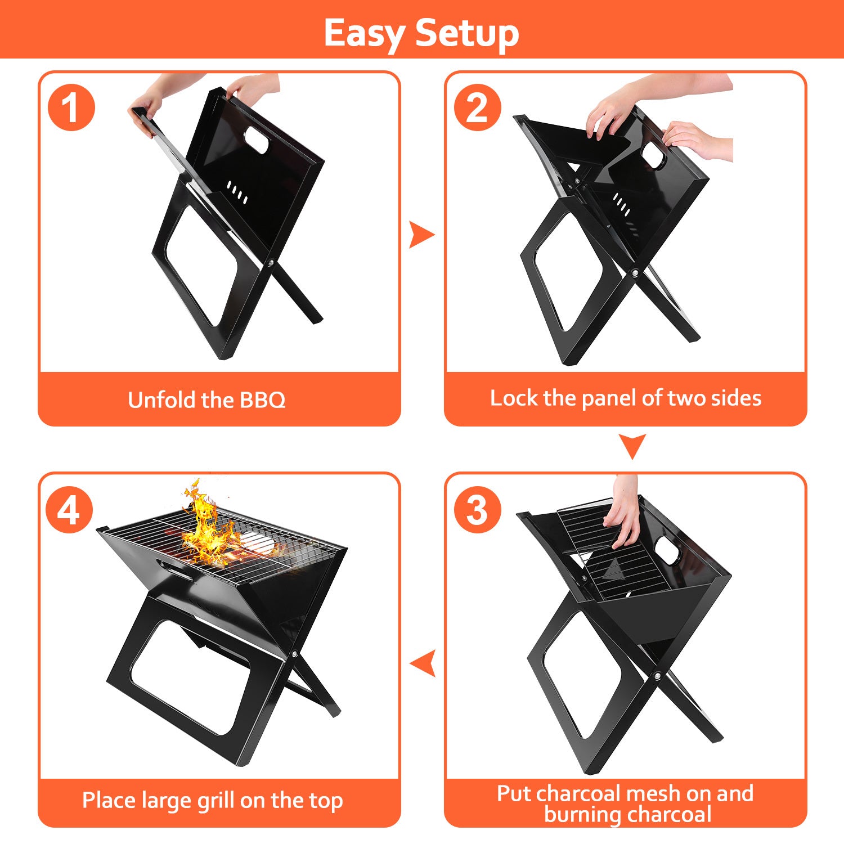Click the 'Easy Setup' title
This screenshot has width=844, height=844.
pos(421,33)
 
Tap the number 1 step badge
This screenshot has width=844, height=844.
pos(71,107)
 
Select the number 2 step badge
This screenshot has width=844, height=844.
pos(477,107)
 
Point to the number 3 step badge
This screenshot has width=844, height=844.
pos(477,510)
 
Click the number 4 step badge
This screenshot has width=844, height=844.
pos(69,510)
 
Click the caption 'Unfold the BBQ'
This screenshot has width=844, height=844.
pos(206,400)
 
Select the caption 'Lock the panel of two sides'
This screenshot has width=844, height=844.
pos(625,398)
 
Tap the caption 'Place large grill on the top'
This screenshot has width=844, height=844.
pos(212,800)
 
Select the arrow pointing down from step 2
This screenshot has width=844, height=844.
pos(632,445)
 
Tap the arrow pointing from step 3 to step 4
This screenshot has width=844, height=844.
pos(424,663)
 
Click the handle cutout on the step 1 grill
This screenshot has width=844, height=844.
pos(257,140)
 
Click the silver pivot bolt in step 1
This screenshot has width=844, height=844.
pos(271,263)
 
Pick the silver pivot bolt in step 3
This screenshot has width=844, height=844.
pos(657,675)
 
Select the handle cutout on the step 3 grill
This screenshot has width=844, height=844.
pos(668,549)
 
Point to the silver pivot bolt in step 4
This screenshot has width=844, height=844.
pos(294,654)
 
